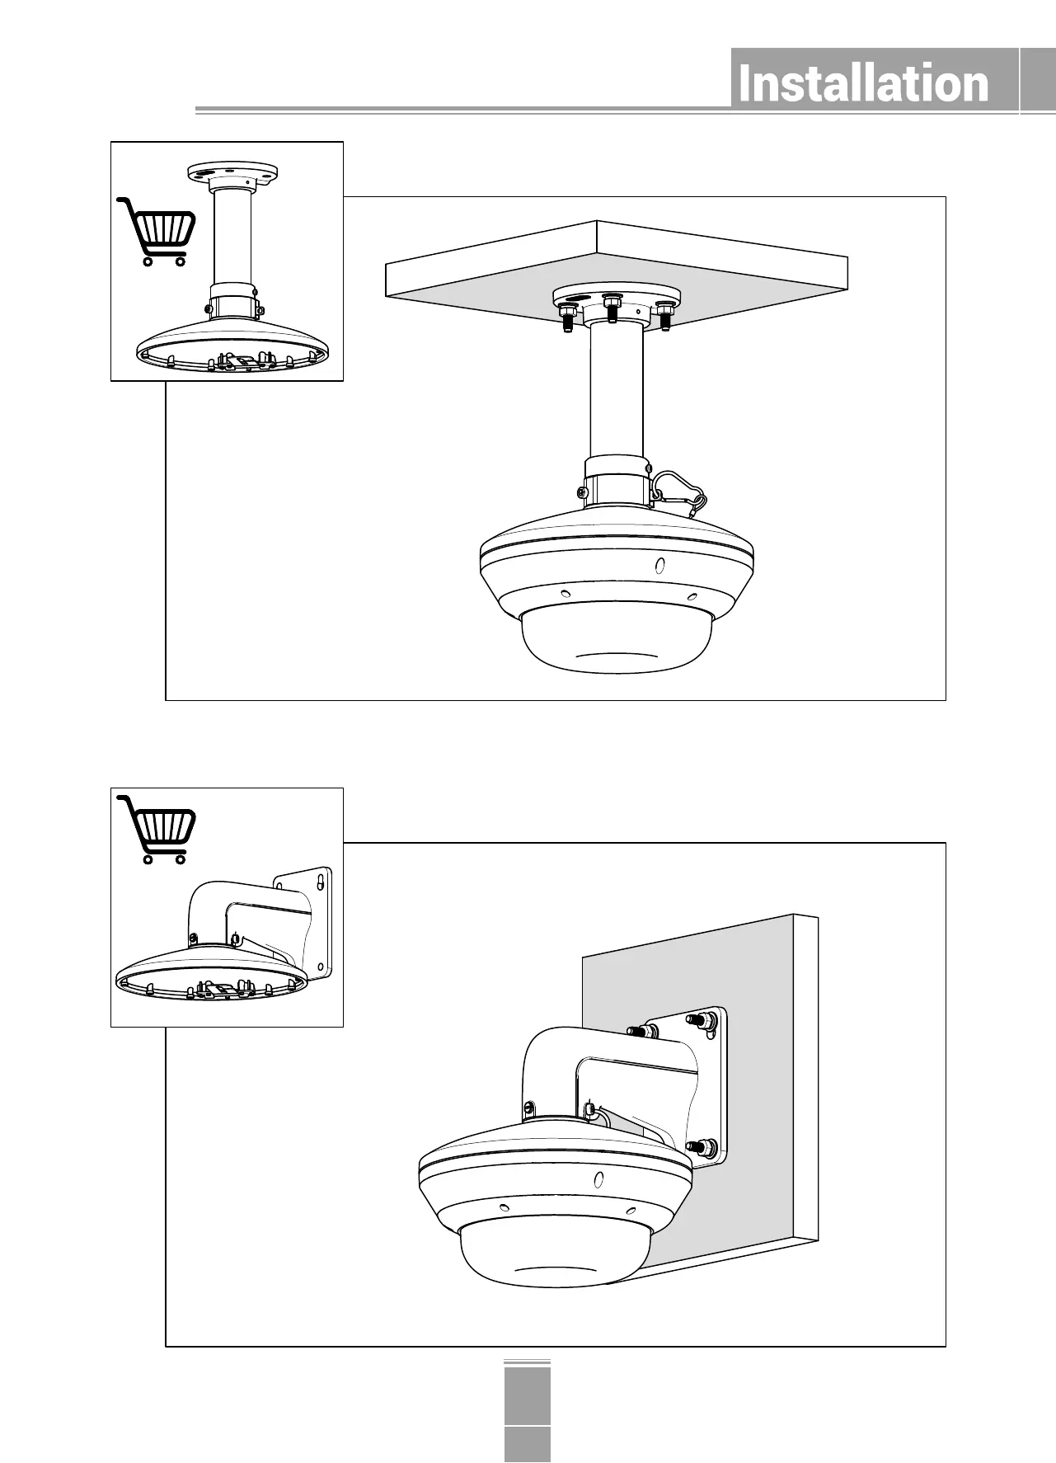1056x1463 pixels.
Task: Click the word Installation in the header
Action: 863,84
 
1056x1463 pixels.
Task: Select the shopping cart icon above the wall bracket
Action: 160,828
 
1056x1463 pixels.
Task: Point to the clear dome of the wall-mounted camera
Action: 536,1262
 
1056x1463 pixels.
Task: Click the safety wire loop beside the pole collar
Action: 680,492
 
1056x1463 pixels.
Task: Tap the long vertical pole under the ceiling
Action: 617,388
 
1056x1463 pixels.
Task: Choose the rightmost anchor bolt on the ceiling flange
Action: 665,315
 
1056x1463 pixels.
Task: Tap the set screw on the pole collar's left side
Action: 581,492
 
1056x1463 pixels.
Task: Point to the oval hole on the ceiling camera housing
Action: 659,566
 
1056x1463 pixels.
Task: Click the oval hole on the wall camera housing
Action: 599,1179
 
